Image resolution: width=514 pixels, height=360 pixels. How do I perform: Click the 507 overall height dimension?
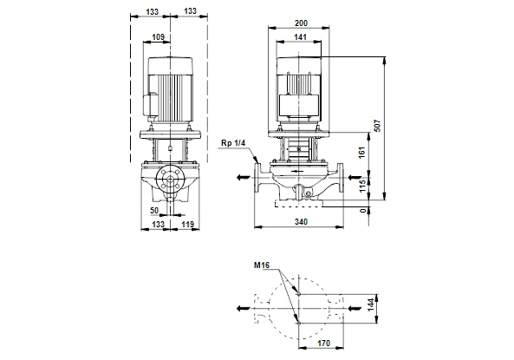click(x=378, y=126)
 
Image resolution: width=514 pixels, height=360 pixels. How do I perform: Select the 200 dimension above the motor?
click(x=301, y=23)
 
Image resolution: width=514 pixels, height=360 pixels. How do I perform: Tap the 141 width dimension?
click(x=300, y=37)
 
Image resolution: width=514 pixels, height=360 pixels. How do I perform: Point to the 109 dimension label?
click(x=158, y=37)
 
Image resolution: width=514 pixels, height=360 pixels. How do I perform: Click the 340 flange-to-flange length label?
click(x=301, y=222)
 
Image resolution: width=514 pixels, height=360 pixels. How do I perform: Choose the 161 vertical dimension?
click(x=362, y=153)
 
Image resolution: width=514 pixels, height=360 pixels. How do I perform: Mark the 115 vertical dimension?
click(x=362, y=186)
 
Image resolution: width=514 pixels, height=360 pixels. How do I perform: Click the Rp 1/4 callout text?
click(x=233, y=143)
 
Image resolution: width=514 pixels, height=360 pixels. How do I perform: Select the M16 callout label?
click(x=261, y=265)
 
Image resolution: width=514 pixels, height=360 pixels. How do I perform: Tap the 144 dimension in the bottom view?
click(x=370, y=304)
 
